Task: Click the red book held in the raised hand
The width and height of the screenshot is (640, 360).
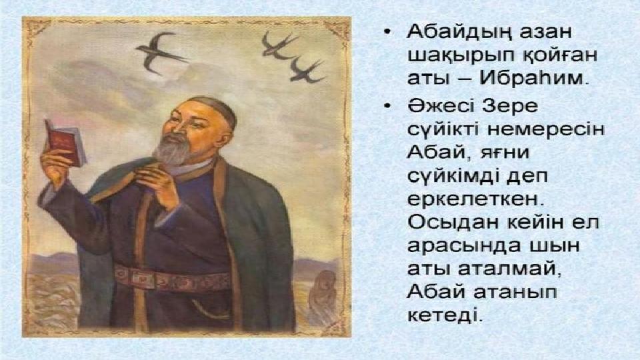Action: pyautogui.click(x=65, y=143)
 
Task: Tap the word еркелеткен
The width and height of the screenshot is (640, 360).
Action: pyautogui.click(x=476, y=199)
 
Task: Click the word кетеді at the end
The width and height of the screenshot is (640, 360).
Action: pyautogui.click(x=445, y=315)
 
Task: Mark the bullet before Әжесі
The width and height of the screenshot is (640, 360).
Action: pyautogui.click(x=387, y=107)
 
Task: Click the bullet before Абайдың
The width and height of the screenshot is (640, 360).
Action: pyautogui.click(x=387, y=32)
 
